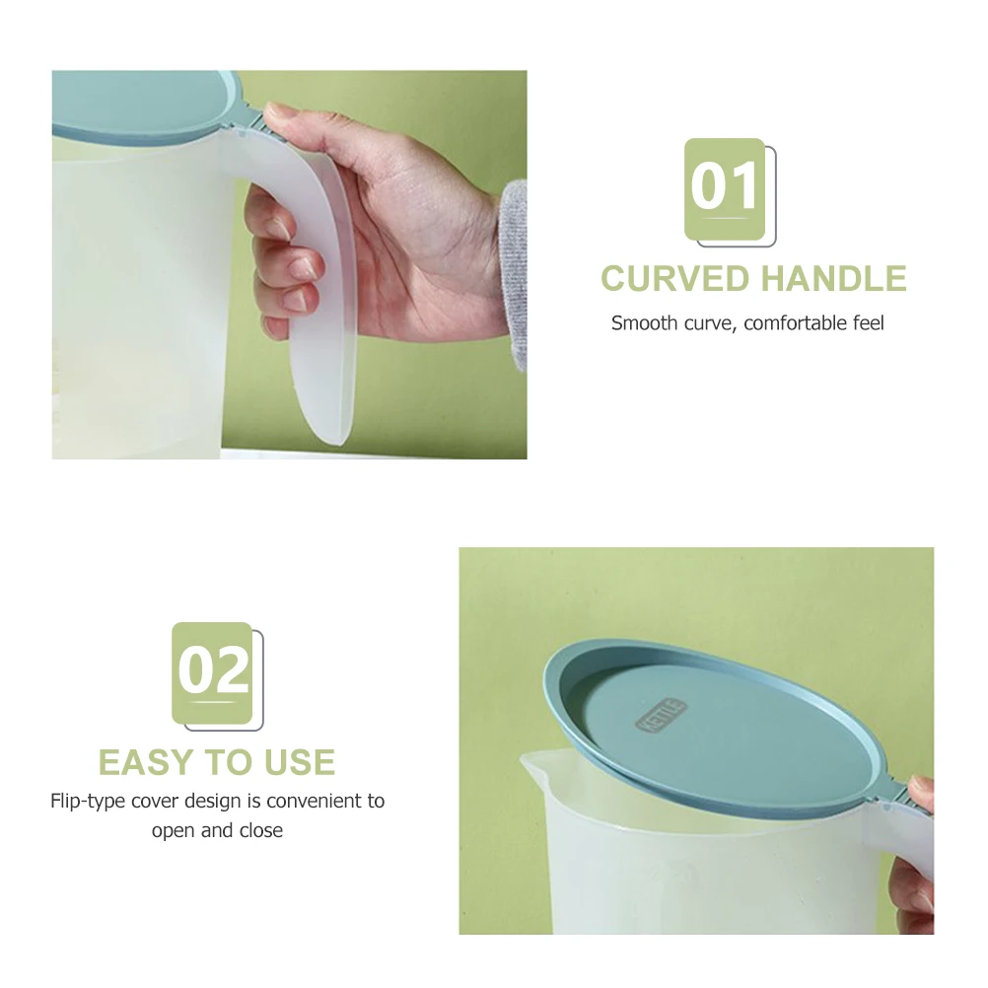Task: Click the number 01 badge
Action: click(x=725, y=189)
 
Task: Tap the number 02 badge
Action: click(x=213, y=673)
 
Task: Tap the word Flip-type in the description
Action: click(x=90, y=801)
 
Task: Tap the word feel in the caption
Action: click(x=868, y=322)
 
